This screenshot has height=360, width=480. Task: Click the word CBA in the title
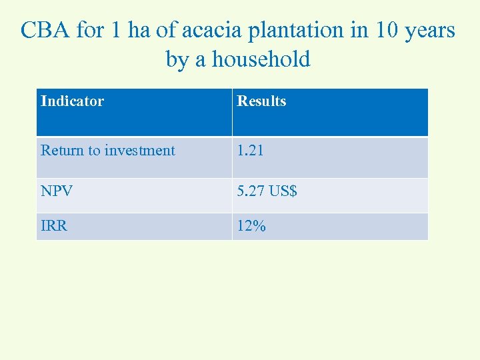(45, 31)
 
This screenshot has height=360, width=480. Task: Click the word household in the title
(262, 59)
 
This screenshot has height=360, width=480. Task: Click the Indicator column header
(72, 101)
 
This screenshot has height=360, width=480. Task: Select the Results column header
(261, 101)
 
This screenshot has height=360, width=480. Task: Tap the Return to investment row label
(107, 151)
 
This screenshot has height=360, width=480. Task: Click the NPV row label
(57, 191)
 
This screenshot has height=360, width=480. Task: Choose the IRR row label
(54, 226)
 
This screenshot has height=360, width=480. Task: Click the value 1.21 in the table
(251, 151)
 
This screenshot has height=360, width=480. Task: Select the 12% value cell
(251, 226)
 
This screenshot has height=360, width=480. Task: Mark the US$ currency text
(283, 191)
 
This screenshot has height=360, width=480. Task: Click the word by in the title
(177, 59)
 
